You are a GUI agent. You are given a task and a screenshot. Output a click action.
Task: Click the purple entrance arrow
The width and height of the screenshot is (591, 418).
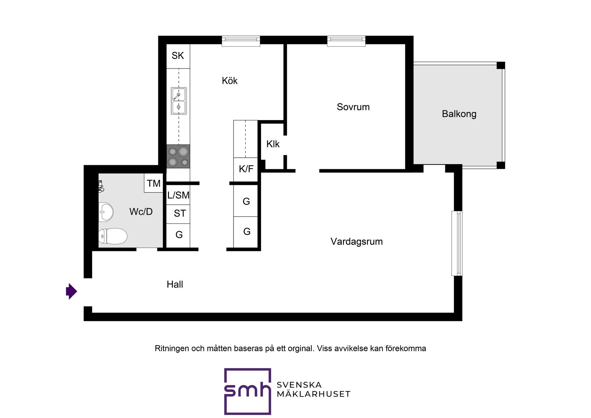[x=72, y=291]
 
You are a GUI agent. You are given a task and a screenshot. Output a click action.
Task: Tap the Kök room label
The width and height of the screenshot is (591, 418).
[x=230, y=81]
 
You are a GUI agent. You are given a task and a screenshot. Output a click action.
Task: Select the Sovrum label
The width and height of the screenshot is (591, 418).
[x=353, y=107]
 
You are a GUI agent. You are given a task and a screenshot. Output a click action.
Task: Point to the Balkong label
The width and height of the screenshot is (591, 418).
[x=459, y=114]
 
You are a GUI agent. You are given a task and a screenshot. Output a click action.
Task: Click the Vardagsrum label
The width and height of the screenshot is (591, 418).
[x=356, y=242]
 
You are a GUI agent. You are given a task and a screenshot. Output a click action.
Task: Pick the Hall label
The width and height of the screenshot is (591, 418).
[x=175, y=285]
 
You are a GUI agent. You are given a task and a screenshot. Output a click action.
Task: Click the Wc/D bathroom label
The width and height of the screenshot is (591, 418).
[x=141, y=212]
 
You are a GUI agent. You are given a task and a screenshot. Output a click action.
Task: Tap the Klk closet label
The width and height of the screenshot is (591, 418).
[x=273, y=144]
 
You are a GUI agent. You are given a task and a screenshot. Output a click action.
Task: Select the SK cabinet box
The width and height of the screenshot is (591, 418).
[x=178, y=56]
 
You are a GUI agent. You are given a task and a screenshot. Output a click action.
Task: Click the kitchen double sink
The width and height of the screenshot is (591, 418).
[x=178, y=101]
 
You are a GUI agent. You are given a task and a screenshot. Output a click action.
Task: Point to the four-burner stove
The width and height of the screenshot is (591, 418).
[x=178, y=157]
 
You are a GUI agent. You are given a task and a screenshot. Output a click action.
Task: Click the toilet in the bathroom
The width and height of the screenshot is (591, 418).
[x=113, y=236]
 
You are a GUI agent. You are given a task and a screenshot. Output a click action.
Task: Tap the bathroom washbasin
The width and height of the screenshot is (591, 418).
[x=106, y=212]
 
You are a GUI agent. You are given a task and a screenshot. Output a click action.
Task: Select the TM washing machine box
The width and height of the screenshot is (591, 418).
[x=154, y=183]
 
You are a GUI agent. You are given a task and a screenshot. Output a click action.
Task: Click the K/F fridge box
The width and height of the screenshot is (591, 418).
[x=246, y=169]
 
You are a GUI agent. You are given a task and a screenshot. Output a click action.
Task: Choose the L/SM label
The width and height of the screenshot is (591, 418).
[x=178, y=195]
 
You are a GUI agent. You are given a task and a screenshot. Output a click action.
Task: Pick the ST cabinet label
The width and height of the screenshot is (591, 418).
[x=179, y=214]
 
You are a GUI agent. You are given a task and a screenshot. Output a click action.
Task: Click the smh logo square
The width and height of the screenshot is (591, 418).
[x=248, y=391]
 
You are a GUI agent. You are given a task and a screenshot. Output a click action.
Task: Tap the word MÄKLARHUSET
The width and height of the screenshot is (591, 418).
[x=313, y=394]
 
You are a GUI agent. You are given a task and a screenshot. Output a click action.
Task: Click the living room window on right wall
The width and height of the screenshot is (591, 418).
[x=457, y=243]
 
